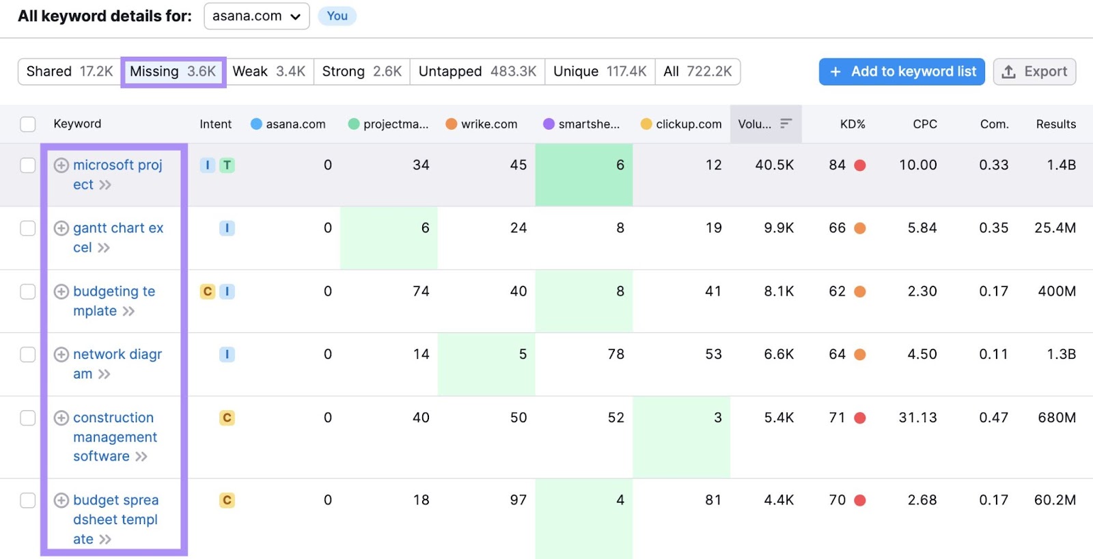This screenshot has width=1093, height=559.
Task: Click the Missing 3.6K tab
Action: point(173,72)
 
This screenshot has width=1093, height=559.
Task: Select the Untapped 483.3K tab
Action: point(477,72)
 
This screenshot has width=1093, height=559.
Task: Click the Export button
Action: point(1034,72)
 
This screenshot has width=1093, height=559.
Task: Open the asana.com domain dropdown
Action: point(256,16)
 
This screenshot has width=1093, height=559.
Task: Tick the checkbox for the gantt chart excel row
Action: point(28,228)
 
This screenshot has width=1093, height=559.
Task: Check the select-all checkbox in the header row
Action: point(28,124)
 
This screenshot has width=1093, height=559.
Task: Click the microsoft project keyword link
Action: point(117,165)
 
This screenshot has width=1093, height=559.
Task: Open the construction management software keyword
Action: point(114,437)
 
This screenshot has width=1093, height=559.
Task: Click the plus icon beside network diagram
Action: point(61,355)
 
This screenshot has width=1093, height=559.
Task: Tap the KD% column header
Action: point(852,124)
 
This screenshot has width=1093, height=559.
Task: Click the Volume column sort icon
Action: point(786,124)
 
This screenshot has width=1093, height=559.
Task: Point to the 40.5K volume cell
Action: point(774,165)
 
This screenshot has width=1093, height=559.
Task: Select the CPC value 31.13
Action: point(917,418)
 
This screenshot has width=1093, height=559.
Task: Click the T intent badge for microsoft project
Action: point(227,165)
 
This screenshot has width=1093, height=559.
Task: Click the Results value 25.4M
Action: point(1055,228)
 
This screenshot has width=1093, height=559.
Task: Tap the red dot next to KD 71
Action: point(860,418)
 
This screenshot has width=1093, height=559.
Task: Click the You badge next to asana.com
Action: point(337,16)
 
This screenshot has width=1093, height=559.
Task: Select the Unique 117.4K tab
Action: point(599,72)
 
